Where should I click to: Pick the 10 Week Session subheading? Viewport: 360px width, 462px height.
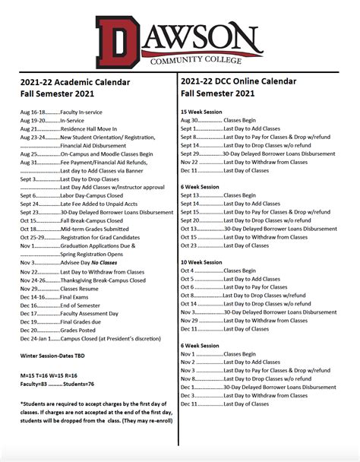tap(201, 262)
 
